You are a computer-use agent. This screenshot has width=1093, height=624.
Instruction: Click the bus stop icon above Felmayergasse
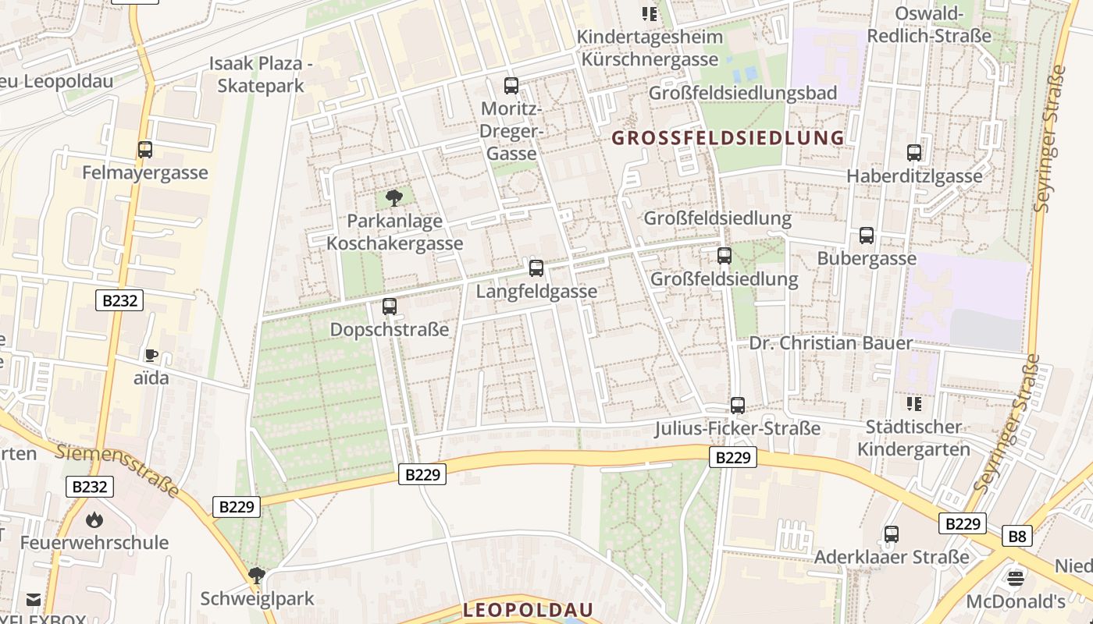tap(144, 150)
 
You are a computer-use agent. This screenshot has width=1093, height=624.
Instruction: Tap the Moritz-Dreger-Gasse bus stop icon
tap(511, 86)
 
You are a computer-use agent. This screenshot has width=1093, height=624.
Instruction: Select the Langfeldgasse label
tap(536, 291)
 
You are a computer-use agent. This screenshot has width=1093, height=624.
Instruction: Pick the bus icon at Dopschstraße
tap(390, 307)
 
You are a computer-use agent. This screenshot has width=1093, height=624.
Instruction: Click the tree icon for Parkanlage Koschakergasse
tap(394, 197)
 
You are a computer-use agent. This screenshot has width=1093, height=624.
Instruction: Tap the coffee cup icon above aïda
tap(151, 356)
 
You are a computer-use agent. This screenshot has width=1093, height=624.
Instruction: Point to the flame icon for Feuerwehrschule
tap(94, 519)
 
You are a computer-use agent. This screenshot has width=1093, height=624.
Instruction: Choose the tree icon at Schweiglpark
tap(256, 576)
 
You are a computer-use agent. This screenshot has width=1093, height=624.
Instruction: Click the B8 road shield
tap(1017, 536)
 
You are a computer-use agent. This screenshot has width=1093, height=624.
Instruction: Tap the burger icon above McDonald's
tap(1015, 578)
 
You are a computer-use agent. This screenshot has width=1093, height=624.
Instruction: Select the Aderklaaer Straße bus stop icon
tap(892, 534)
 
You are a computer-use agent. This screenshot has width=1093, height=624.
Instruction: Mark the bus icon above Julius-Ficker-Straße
tap(738, 406)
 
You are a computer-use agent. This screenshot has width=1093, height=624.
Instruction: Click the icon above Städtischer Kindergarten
tap(913, 403)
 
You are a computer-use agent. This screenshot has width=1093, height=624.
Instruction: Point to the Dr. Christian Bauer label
tap(831, 343)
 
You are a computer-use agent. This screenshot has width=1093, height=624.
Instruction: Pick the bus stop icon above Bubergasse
tap(867, 236)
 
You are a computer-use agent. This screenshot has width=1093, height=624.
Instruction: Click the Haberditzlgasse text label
tap(914, 176)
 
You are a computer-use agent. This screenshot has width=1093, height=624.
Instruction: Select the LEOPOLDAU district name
tap(528, 610)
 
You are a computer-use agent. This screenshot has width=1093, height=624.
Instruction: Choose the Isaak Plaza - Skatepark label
tap(260, 75)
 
